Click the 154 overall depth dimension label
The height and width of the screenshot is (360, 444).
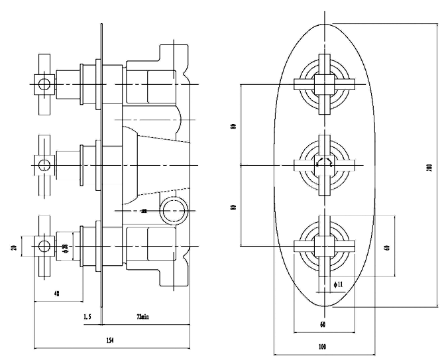(x=111, y=340)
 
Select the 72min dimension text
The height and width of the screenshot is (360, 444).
(x=142, y=318)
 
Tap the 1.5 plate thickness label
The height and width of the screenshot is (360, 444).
(x=87, y=318)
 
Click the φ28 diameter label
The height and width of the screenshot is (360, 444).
(x=65, y=248)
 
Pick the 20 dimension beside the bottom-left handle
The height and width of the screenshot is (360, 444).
(x=13, y=248)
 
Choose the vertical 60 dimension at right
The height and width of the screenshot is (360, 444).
(x=386, y=246)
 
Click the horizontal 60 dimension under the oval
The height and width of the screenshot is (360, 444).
(x=323, y=325)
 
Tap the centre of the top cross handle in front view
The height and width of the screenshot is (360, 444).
(x=324, y=84)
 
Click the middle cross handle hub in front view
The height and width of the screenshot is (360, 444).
(x=324, y=164)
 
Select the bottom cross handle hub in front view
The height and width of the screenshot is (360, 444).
(x=324, y=245)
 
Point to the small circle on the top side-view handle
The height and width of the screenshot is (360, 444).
(x=44, y=84)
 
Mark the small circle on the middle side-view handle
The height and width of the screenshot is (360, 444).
(x=44, y=164)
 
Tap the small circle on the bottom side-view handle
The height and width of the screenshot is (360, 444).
(x=44, y=246)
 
